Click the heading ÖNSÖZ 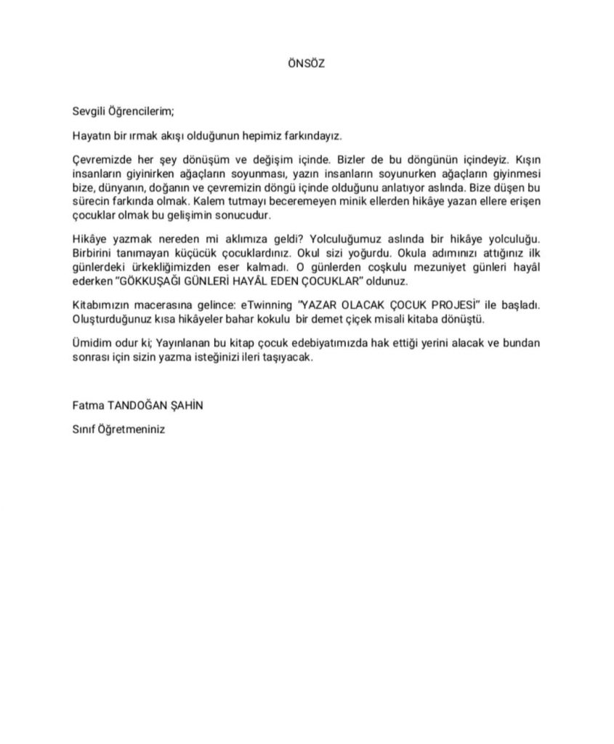click(x=307, y=63)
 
